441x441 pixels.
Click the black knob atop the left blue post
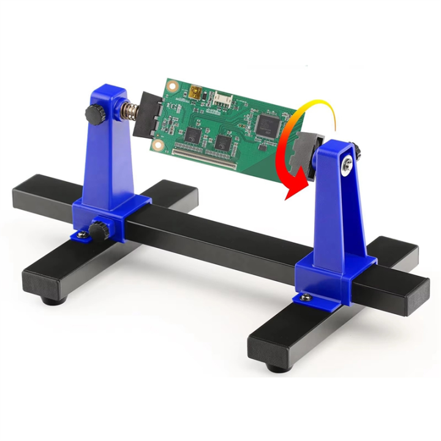click(94, 113)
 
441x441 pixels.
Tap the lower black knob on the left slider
click(97, 230)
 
